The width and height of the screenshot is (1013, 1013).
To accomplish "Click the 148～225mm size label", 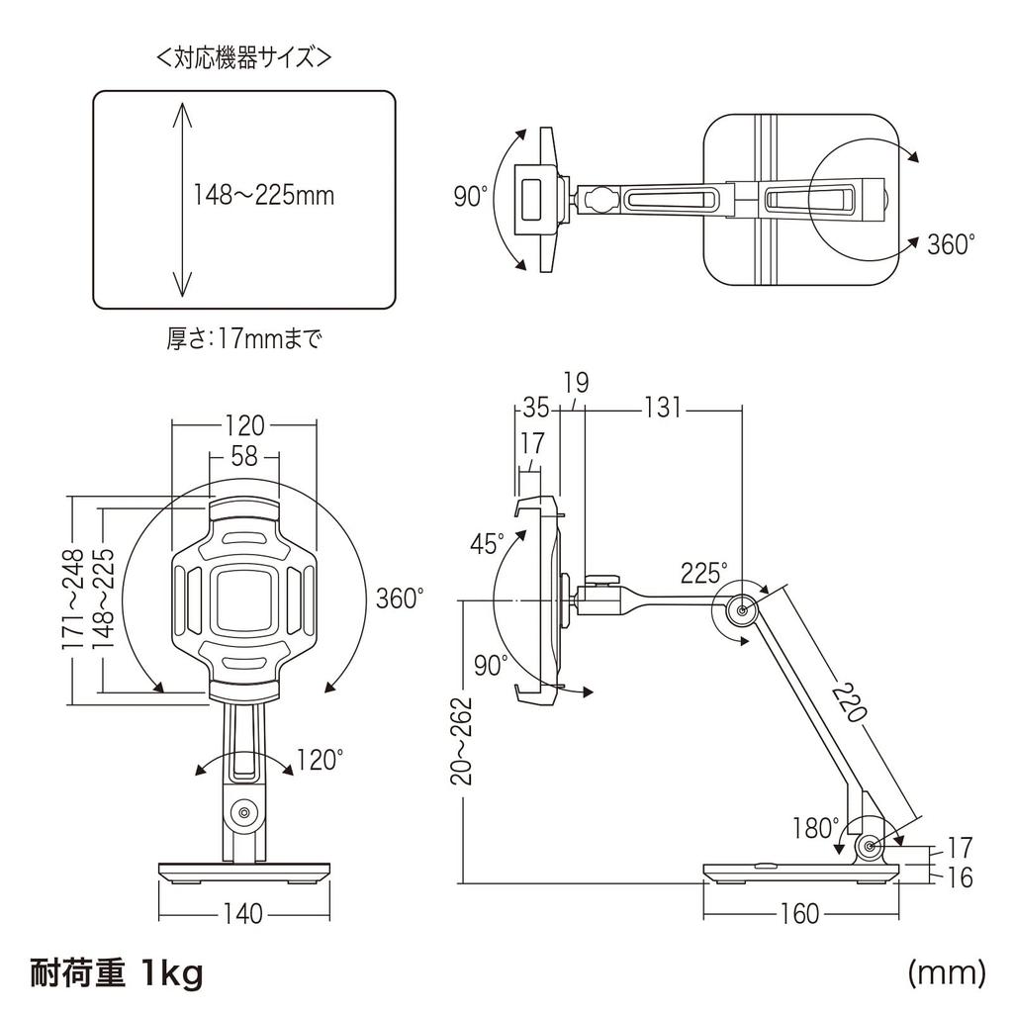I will click(263, 196).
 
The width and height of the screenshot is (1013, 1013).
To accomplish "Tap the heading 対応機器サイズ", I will click(243, 58).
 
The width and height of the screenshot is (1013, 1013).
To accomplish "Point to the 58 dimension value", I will click(244, 457).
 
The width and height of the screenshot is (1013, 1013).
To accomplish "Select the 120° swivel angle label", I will click(321, 760).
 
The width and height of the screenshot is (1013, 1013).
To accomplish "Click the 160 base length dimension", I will click(799, 913).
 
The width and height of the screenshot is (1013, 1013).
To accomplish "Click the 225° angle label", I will click(703, 572).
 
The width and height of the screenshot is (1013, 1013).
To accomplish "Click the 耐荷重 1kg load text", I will click(117, 973).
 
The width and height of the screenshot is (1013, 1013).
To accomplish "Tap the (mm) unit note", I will click(947, 972).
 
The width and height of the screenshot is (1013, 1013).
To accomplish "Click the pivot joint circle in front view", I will click(241, 814).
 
